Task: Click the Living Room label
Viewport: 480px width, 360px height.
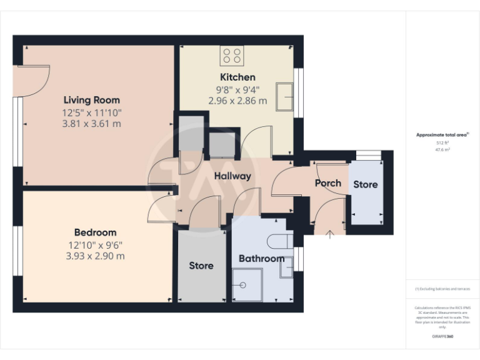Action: pyautogui.click(x=91, y=100)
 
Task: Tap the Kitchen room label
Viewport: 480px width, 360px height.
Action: pyautogui.click(x=237, y=77)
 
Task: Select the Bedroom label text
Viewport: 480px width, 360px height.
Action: pyautogui.click(x=95, y=232)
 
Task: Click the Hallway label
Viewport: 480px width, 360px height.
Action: pyautogui.click(x=232, y=176)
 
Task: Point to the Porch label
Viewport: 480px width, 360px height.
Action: pyautogui.click(x=328, y=183)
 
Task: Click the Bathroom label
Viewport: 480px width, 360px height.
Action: pyautogui.click(x=261, y=259)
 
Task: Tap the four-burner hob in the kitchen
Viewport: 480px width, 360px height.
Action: pyautogui.click(x=232, y=56)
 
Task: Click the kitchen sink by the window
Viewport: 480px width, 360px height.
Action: pyautogui.click(x=286, y=97)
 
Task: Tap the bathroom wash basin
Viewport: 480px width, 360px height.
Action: pyautogui.click(x=286, y=267)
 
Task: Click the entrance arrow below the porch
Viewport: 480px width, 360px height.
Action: pyautogui.click(x=331, y=233)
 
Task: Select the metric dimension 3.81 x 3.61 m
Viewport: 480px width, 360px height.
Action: pyautogui.click(x=91, y=124)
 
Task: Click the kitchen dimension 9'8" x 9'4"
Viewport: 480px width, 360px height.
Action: pyautogui.click(x=237, y=89)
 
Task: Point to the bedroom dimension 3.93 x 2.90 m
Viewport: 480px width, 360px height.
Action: pyautogui.click(x=95, y=256)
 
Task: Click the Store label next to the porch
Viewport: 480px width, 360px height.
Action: pyautogui.click(x=366, y=184)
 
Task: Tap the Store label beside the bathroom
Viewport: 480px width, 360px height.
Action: pyautogui.click(x=201, y=266)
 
